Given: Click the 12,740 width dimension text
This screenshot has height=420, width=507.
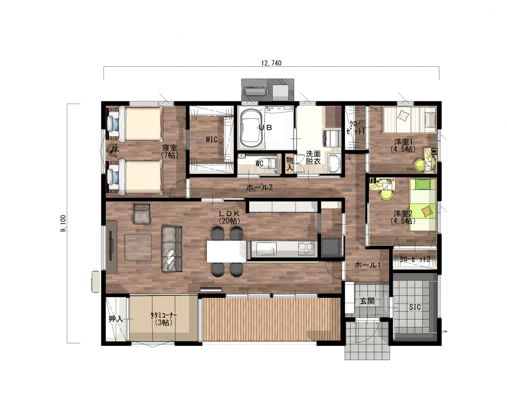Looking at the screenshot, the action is pos(271,63).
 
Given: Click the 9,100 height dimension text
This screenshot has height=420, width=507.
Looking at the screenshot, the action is pos(63,223).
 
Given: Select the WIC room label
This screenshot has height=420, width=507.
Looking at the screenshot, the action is pos(211,140).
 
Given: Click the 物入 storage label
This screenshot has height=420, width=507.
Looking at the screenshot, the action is pos(289,164).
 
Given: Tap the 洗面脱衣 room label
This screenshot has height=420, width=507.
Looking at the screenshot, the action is pos(313,157).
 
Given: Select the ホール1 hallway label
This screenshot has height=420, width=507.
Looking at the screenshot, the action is pos(367,265).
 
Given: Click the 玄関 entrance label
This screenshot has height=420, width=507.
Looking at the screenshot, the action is pos(367,301).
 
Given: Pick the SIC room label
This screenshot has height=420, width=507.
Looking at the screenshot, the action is pos(415,307).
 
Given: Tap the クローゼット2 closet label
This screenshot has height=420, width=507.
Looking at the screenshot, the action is pos(415,259).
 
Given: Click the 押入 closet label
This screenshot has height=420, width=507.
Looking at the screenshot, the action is pos(115,319).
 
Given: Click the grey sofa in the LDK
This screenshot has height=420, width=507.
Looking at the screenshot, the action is pos(172,249).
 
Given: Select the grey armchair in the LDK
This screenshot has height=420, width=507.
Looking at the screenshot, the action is pos(142,214).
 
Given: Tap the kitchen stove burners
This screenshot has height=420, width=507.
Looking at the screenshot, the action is pos(306,249).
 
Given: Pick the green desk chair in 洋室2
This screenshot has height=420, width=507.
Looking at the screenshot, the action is pos(386,194).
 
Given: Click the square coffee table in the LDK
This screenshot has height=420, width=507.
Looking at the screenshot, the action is pos(138,247).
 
